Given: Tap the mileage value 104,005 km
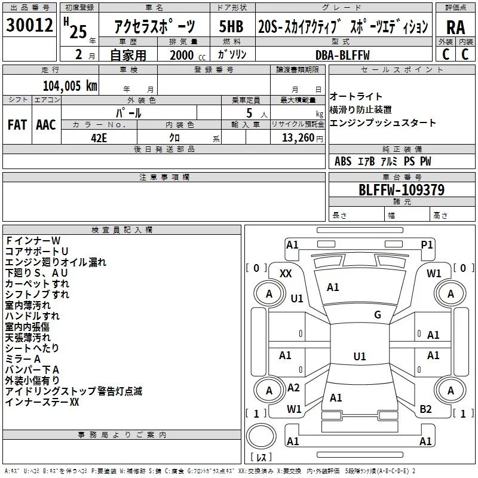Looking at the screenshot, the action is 69,85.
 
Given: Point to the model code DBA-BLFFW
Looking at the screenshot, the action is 342,56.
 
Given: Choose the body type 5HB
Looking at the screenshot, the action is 231,27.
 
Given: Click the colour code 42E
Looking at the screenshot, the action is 99,137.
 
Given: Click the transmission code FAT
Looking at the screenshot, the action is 17,125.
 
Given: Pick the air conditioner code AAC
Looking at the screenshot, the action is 46,125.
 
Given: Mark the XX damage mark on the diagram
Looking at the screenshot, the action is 286,273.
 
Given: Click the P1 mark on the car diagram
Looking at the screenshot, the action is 427,244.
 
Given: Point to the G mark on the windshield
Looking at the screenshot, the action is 377,315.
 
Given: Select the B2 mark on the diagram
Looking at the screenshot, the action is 425,409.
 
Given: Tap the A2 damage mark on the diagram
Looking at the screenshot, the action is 293,388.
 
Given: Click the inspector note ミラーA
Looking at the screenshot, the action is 23,358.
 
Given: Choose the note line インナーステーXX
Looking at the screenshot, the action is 42,402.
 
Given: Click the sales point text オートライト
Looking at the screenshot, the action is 356,97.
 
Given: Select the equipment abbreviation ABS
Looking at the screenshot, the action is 343,161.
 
